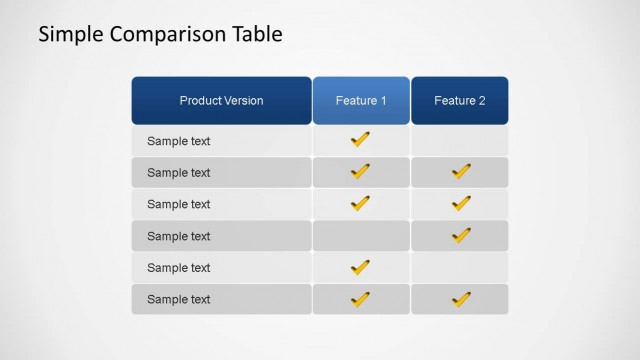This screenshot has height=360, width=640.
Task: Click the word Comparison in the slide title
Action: tap(167, 35)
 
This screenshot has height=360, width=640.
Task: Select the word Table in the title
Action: tap(257, 35)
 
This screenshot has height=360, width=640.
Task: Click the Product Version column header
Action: tap(221, 101)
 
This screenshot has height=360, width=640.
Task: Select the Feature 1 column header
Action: tap(360, 101)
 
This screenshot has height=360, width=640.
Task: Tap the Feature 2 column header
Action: tap(459, 101)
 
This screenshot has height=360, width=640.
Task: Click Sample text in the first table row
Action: tap(179, 141)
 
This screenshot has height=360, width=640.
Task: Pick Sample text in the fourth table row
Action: tap(179, 236)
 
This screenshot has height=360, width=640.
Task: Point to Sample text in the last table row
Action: tap(179, 299)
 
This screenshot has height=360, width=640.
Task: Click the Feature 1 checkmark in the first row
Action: tap(360, 140)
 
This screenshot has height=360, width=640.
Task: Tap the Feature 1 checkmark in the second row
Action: tap(360, 172)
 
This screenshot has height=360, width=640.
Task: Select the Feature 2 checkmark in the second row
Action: tap(460, 172)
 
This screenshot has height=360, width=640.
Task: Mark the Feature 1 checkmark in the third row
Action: tap(360, 204)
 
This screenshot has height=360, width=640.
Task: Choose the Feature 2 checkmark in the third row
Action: tap(460, 204)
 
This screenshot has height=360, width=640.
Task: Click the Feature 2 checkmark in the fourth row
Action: tap(460, 236)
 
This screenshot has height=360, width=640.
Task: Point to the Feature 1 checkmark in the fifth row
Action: tap(360, 267)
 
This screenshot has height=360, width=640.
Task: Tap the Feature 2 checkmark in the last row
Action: tap(460, 299)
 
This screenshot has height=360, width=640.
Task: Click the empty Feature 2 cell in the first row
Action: tap(459, 141)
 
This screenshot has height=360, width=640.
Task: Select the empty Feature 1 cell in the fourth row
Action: tap(360, 236)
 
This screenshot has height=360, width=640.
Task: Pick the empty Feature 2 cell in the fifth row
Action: tap(459, 268)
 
